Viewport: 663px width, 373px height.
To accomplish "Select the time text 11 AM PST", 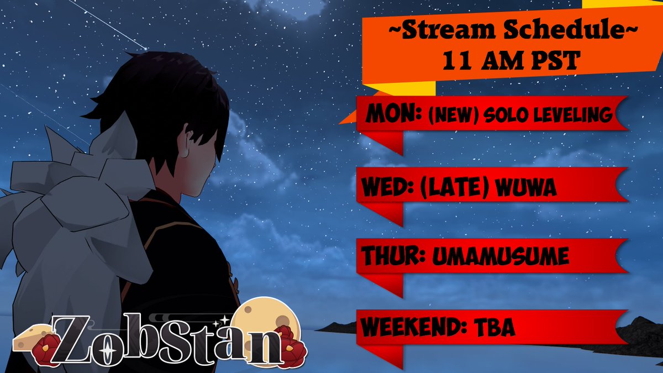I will click(x=511, y=61).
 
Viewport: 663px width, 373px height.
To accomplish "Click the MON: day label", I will click(x=393, y=115).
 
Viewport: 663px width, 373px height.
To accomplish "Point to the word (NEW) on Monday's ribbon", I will click(x=448, y=115).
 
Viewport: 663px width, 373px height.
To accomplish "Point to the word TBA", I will click(x=494, y=327).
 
